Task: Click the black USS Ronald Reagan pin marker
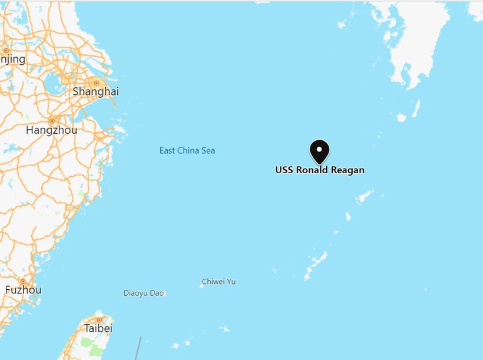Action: (319, 152)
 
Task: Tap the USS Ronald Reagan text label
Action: (320, 170)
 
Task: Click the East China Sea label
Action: (187, 151)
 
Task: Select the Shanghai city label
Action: (95, 91)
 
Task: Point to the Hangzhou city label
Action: (51, 130)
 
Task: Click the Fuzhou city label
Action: (24, 290)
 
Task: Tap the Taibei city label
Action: (98, 328)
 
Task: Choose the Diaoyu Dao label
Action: (144, 293)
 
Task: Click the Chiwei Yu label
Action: (219, 282)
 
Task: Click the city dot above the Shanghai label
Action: (97, 83)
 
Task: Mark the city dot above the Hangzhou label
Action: (52, 121)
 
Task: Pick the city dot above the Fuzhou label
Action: (23, 281)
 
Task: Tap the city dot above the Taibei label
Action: (99, 320)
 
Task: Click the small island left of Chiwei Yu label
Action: (200, 286)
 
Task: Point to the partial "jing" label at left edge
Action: (12, 59)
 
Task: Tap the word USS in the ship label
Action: (285, 170)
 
